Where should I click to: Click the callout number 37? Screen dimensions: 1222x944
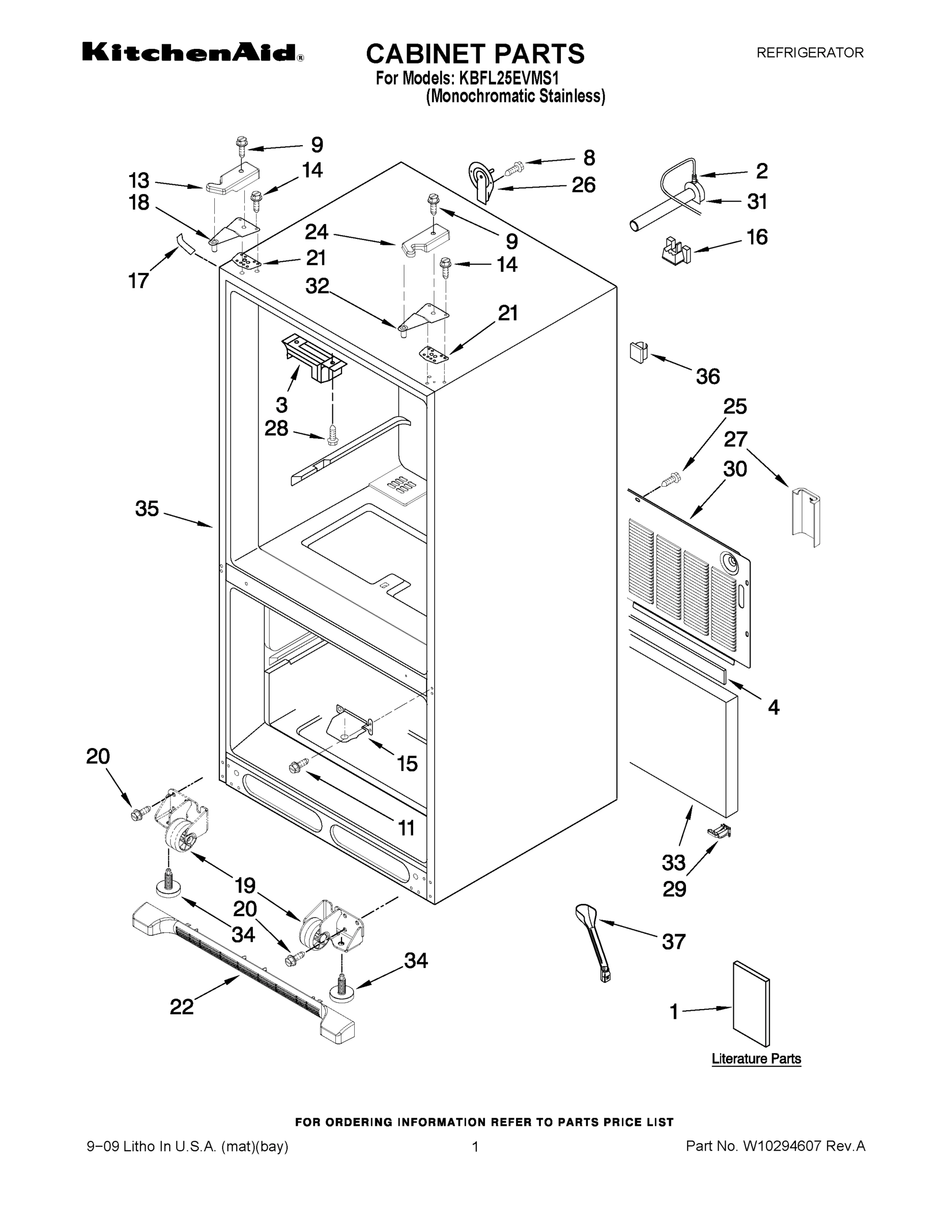[x=673, y=941]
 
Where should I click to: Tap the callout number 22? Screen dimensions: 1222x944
[x=181, y=1007]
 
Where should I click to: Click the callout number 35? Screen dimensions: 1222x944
[x=147, y=509]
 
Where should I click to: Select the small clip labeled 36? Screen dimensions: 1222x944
[x=638, y=352]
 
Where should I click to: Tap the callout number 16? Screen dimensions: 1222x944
[x=757, y=237]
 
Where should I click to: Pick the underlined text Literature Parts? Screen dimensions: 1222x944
[x=756, y=1059]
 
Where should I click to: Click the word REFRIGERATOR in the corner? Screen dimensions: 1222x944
[x=810, y=52]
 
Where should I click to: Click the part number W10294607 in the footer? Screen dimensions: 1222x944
[x=781, y=1146]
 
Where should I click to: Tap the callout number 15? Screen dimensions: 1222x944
[x=407, y=763]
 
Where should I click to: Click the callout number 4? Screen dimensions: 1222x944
[x=774, y=708]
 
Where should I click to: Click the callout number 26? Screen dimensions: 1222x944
[x=583, y=185]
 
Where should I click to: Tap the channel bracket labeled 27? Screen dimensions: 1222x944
[x=806, y=514]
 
